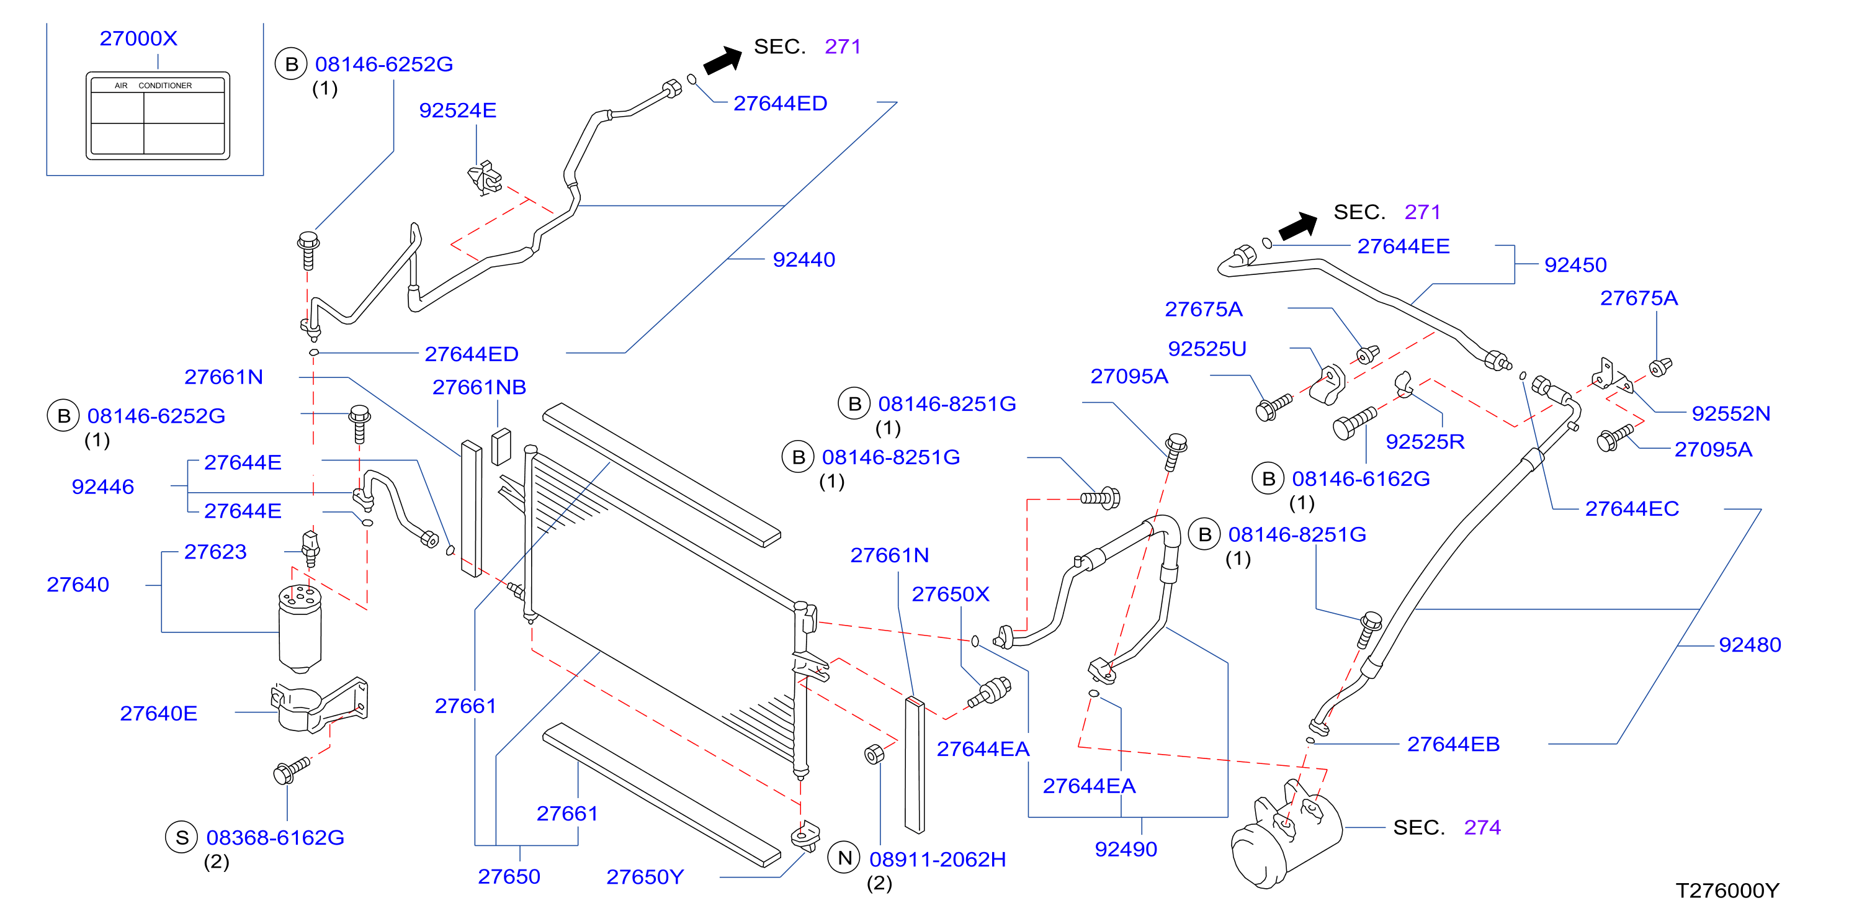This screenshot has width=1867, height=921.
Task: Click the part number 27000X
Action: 138,38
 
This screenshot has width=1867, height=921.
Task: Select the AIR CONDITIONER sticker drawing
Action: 158,115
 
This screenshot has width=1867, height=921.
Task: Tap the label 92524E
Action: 458,110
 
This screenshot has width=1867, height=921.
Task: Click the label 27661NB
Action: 479,387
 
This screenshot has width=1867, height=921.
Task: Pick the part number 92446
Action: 103,487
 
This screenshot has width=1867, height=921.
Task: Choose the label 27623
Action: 215,552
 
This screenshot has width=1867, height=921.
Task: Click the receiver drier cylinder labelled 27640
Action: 300,628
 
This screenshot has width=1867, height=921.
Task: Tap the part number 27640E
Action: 159,714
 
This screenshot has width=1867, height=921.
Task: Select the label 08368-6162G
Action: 275,838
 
